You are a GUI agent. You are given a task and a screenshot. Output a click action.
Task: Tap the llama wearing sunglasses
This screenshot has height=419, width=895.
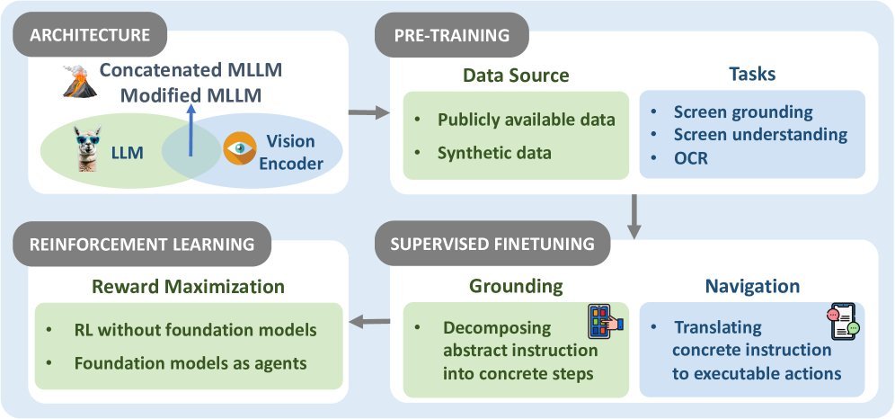[x=87, y=149]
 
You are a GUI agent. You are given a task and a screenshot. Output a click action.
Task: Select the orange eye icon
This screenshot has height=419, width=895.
[x=240, y=148]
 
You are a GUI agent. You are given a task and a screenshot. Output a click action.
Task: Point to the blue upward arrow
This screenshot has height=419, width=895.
[x=191, y=130]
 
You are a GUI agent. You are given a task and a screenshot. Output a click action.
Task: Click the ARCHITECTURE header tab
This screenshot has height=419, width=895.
[x=90, y=35]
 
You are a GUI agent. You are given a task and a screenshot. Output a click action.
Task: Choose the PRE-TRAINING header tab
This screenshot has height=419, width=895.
[x=451, y=35]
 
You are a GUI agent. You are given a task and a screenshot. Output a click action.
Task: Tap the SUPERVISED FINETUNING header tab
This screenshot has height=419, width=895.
[x=492, y=244]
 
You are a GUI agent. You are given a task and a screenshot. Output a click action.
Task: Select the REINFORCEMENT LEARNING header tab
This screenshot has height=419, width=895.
[x=142, y=244]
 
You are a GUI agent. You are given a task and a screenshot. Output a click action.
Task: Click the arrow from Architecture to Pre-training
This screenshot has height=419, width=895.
[x=368, y=112]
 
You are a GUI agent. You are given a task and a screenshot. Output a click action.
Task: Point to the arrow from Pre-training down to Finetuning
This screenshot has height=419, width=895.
[x=634, y=217]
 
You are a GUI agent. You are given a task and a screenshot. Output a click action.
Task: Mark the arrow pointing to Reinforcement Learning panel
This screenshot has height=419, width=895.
[x=369, y=323]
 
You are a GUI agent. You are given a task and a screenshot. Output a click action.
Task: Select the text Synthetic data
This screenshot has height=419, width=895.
[x=494, y=153]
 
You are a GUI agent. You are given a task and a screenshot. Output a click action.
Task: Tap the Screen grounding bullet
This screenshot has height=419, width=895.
[x=743, y=111]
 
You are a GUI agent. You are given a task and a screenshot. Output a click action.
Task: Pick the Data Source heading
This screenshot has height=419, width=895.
[x=516, y=76]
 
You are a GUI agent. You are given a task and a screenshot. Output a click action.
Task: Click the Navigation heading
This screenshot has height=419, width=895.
[x=752, y=285]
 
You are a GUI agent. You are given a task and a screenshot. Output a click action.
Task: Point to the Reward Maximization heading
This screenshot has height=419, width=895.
[x=189, y=285]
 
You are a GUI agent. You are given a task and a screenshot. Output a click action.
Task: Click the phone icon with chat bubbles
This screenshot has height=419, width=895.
[x=843, y=321]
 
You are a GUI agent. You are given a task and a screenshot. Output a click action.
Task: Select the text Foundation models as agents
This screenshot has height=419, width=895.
[x=191, y=363]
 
